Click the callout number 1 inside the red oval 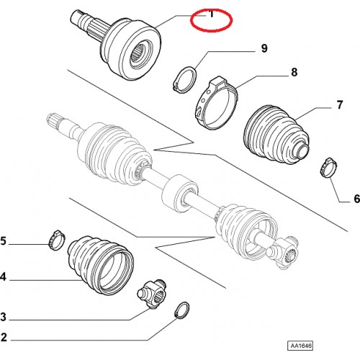212,14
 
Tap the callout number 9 264,48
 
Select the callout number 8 294,72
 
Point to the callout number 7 339,105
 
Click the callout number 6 356,199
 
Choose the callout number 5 3,241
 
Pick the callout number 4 3,277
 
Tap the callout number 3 3,317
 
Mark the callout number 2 4,338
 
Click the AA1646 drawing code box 300,346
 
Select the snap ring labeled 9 185,79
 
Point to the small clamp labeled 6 328,168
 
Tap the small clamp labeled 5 57,240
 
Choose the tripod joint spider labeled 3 152,294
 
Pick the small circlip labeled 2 181,310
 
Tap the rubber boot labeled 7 276,135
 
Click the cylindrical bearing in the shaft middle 180,193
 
